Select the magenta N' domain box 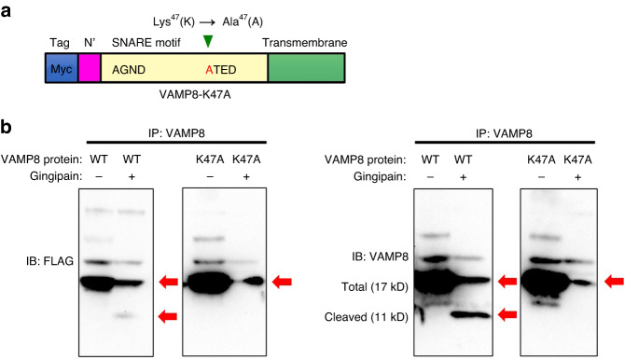click(x=89, y=70)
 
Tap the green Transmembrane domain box click(x=306, y=70)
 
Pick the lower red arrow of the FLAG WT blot click(x=168, y=317)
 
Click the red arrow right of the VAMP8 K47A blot click(x=614, y=281)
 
